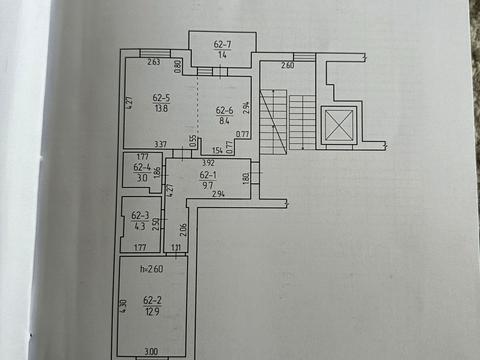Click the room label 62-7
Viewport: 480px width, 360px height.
coord(222,45)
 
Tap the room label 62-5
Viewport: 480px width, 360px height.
coord(161,98)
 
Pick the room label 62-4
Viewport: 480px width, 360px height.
coord(141,168)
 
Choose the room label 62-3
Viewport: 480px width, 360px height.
coord(140,215)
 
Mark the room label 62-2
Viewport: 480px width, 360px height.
coord(152,299)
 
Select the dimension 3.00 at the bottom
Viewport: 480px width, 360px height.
coord(151,350)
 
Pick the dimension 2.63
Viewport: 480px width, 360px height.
coord(153,62)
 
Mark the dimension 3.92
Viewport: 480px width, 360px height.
coord(208,163)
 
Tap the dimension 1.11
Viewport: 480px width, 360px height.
coord(176,247)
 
